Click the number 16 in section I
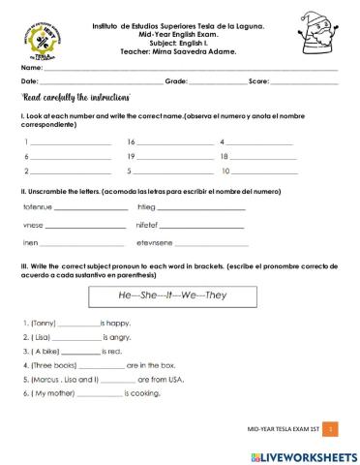131,141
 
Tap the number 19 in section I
131,156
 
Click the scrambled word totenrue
37,207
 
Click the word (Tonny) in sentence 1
44,323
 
